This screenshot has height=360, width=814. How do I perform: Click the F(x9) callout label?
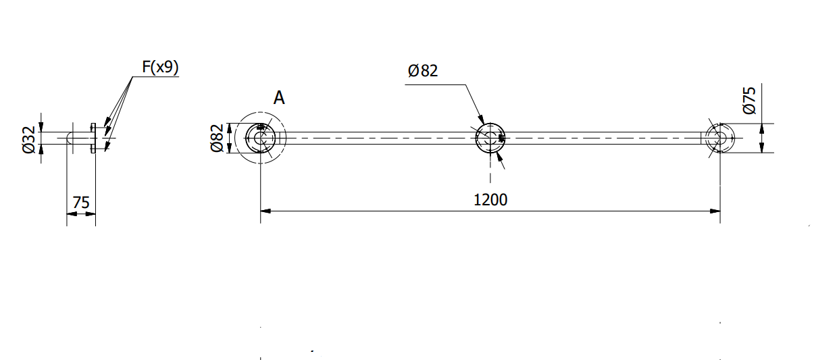tap(160, 68)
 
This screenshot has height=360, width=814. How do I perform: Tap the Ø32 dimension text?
tap(28, 140)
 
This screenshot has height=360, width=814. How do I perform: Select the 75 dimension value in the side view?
tap(80, 203)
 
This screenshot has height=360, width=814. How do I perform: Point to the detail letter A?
tap(279, 98)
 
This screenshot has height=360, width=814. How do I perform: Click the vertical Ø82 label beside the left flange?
tap(217, 138)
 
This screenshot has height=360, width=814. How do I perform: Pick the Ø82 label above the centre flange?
tap(423, 70)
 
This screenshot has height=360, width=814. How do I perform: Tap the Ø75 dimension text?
tap(749, 101)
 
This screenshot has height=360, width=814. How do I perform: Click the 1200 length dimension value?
tap(490, 200)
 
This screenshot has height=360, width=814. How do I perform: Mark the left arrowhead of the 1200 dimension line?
tap(265, 211)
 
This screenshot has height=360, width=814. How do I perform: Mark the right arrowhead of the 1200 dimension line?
tap(715, 211)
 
